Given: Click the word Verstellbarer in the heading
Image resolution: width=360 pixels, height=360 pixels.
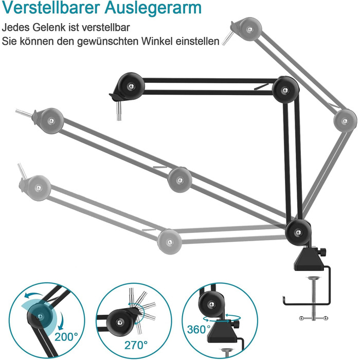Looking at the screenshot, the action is (x=51, y=8).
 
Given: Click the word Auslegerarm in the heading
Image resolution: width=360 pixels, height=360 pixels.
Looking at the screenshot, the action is (x=153, y=9).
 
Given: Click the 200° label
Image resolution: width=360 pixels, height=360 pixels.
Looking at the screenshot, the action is (x=66, y=337).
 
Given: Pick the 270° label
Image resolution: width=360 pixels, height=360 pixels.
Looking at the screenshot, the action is (x=136, y=345).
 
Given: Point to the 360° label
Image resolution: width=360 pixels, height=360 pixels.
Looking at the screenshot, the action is (x=199, y=330).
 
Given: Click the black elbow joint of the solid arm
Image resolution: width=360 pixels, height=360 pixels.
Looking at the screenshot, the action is (x=285, y=90).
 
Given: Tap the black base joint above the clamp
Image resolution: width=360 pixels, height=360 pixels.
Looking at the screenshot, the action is (x=298, y=232).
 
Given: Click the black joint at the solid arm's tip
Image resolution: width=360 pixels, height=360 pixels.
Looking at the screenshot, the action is (x=131, y=86).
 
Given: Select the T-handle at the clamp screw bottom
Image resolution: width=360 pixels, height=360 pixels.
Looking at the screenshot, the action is (x=314, y=318).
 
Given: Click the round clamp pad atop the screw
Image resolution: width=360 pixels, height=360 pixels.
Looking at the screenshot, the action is (x=314, y=278).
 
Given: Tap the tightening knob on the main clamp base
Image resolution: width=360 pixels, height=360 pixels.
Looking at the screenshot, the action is (x=323, y=253).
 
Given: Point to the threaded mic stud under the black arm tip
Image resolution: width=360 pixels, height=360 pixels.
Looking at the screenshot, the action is (x=119, y=111).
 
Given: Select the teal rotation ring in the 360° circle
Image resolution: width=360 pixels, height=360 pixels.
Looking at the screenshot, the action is (x=222, y=318).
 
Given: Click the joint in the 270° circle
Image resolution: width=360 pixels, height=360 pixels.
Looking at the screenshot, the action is (x=120, y=322).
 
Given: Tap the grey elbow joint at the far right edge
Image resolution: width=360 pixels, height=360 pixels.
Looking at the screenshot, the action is (x=345, y=121).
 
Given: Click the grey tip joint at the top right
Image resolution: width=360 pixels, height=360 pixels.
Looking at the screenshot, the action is (x=250, y=29).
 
